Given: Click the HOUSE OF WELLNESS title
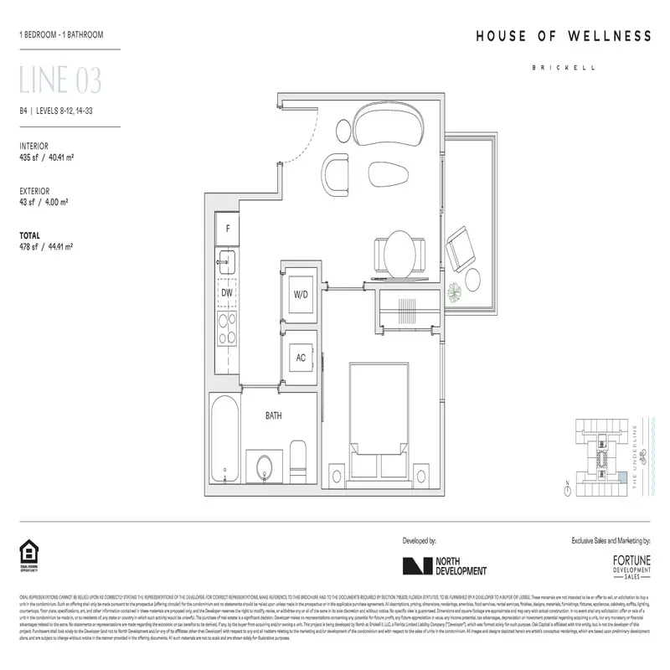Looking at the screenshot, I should (563, 36).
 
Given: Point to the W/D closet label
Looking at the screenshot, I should (301, 295).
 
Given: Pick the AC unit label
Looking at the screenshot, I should (301, 357).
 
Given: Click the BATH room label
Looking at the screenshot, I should (273, 415).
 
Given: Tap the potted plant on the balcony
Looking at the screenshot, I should (453, 292).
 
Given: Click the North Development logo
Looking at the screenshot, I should (444, 565).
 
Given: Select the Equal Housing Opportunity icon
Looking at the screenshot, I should (28, 554).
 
